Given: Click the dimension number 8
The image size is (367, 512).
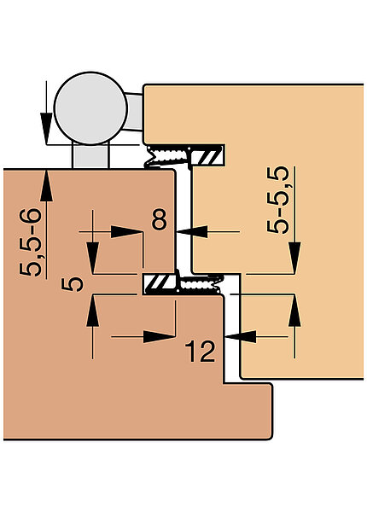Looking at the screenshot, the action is click(x=160, y=219).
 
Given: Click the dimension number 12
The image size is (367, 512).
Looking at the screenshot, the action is click(x=201, y=352).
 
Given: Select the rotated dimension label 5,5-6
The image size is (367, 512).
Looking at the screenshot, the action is click(x=31, y=242).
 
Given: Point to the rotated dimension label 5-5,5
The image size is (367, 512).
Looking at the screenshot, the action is click(x=278, y=200).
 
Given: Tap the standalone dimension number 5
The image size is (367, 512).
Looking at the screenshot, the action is click(x=73, y=283).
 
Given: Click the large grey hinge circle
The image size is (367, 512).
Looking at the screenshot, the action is click(x=90, y=108).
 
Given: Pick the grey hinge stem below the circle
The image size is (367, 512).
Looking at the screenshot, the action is click(x=90, y=156).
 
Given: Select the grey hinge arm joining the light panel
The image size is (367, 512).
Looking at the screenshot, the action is click(x=135, y=112).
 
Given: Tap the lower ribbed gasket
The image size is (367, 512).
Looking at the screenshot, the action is click(x=201, y=283).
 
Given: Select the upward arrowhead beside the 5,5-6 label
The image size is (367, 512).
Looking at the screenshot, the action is click(x=46, y=185).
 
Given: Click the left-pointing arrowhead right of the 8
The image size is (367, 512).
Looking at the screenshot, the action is click(x=192, y=231).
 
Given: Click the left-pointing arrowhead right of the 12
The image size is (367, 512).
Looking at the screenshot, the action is click(x=241, y=336).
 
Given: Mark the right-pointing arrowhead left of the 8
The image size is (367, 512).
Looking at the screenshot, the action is click(x=126, y=232).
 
